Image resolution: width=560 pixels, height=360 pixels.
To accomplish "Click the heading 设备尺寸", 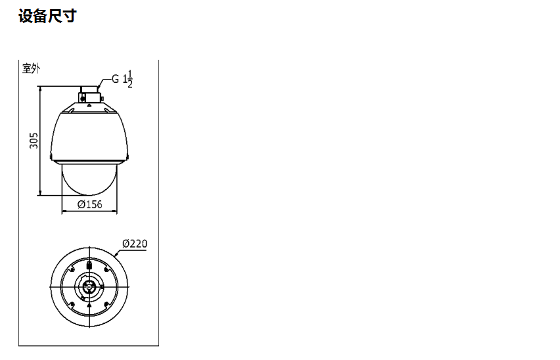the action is click(x=47, y=16).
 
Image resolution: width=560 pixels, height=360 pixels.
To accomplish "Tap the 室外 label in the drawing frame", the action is click(x=31, y=68).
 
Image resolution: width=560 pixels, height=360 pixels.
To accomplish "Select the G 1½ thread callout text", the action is click(x=122, y=79).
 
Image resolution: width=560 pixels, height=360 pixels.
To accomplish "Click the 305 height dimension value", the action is click(x=34, y=141).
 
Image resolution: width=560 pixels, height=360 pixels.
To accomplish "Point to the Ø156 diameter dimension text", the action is click(x=89, y=204).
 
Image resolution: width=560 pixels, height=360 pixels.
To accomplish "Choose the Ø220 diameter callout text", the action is click(x=135, y=244).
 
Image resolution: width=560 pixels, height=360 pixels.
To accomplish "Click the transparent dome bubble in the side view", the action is click(x=89, y=179).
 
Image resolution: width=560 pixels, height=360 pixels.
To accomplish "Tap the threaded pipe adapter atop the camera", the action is click(x=89, y=94).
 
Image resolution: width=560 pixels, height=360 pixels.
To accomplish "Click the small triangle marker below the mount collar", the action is click(x=89, y=105).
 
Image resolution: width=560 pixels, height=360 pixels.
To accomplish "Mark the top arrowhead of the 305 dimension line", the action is click(x=40, y=88).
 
